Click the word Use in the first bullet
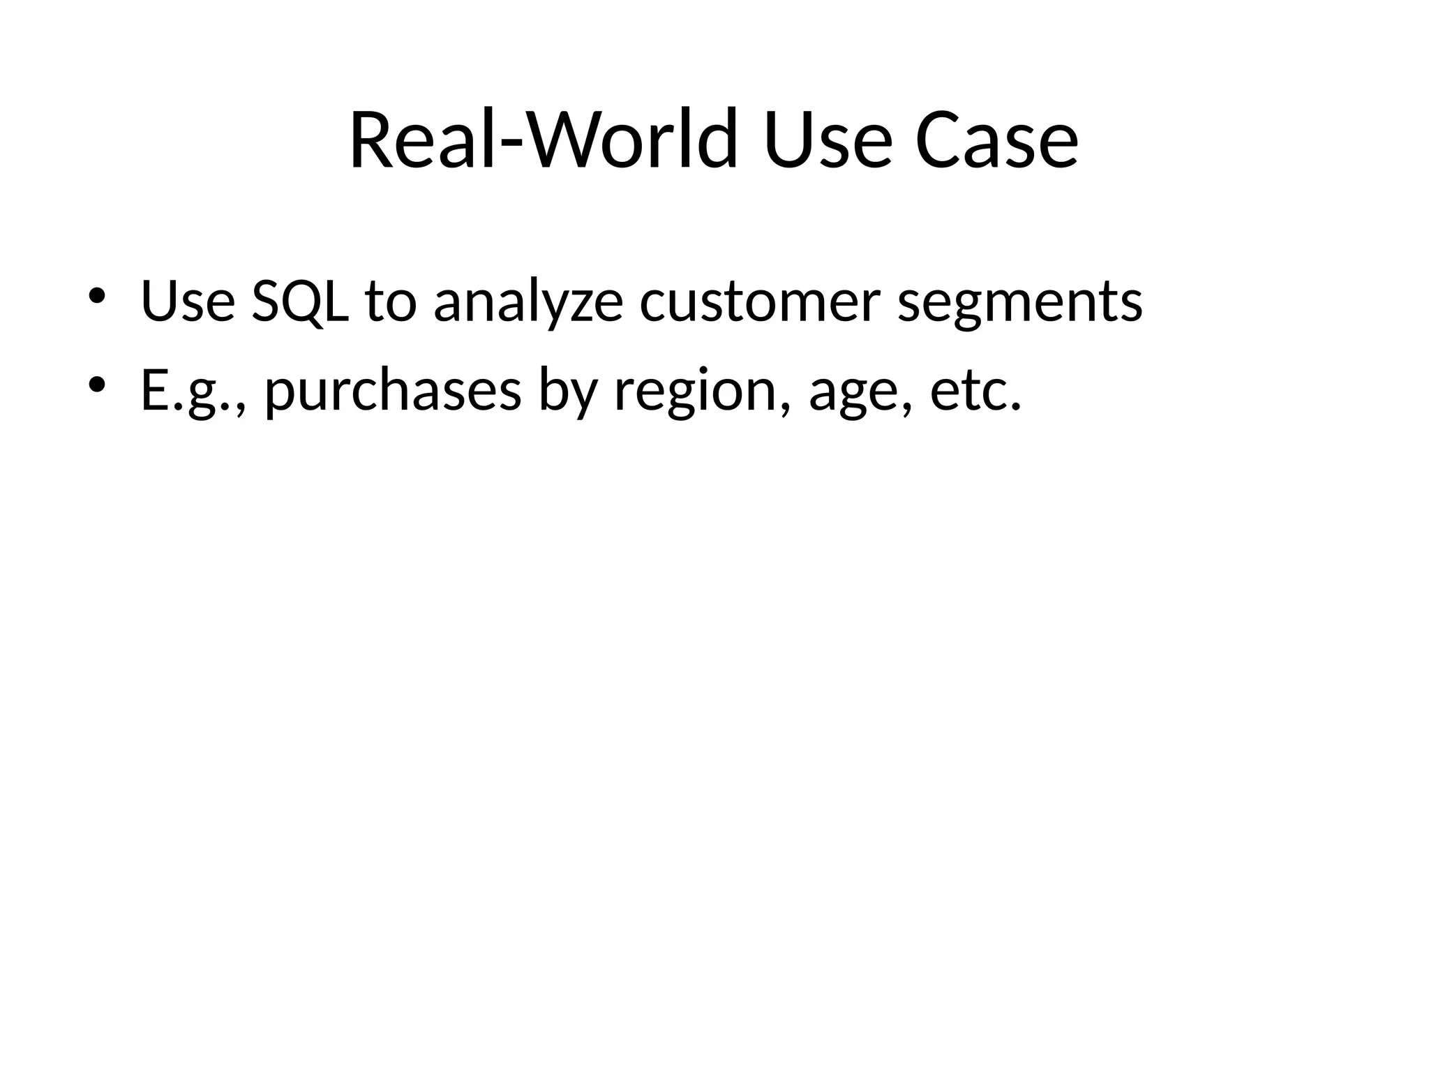tap(188, 301)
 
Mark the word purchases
tap(393, 391)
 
